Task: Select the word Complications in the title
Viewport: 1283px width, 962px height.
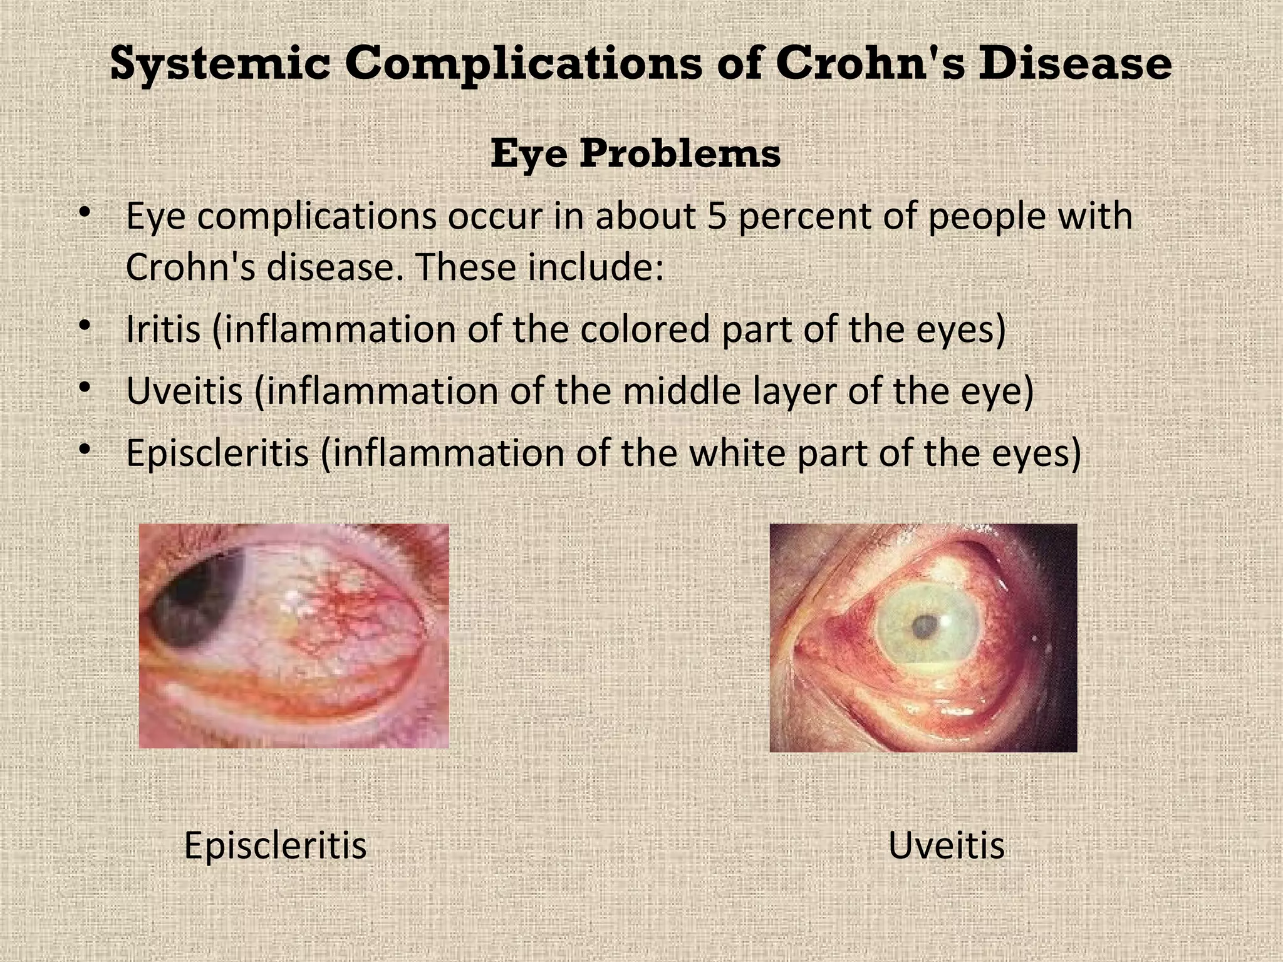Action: pyautogui.click(x=524, y=64)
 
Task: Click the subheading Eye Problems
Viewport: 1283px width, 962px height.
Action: pyautogui.click(x=635, y=153)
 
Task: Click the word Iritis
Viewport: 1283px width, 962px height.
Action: pyautogui.click(x=163, y=329)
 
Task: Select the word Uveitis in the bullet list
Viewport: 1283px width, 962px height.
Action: pyautogui.click(x=184, y=391)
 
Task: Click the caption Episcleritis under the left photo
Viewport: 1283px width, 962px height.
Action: pyautogui.click(x=275, y=846)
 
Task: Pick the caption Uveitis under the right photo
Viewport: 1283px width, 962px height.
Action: pyautogui.click(x=946, y=846)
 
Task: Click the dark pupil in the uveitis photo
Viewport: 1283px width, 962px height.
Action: pyautogui.click(x=924, y=625)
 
